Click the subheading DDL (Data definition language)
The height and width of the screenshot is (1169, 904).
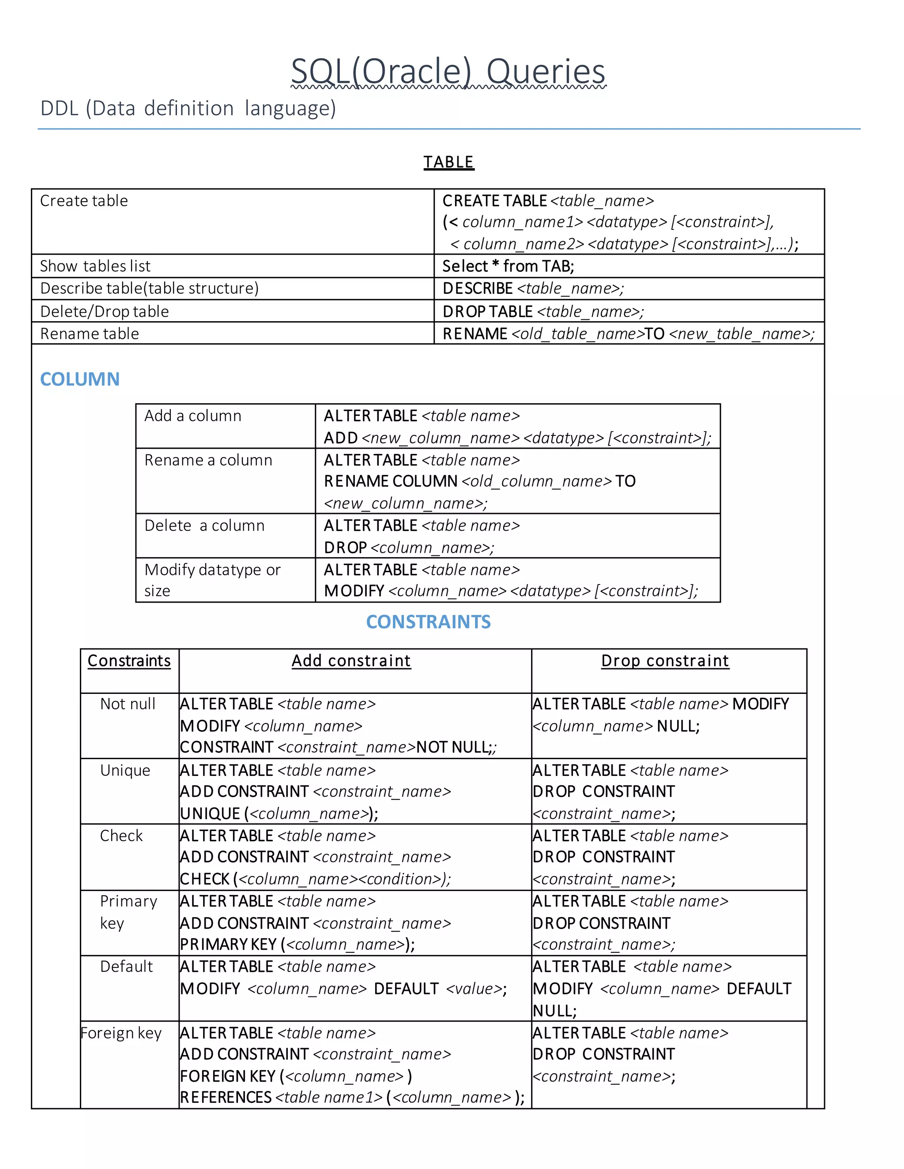tap(188, 109)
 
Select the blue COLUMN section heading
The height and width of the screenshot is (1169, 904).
tap(80, 379)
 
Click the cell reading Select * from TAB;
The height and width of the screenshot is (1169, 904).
tap(508, 266)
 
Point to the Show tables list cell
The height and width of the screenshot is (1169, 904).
tap(95, 266)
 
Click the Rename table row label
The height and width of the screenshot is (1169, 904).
tap(90, 333)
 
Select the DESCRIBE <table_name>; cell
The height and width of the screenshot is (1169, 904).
tap(533, 289)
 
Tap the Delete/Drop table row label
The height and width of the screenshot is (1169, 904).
tap(105, 311)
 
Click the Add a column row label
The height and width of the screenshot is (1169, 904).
tap(193, 416)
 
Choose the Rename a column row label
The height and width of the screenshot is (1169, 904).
tap(208, 460)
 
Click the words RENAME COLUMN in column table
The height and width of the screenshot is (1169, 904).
tap(390, 481)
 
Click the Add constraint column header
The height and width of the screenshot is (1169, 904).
tap(351, 660)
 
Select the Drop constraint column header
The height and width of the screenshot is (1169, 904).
tap(665, 660)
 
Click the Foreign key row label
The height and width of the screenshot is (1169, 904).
tap(121, 1033)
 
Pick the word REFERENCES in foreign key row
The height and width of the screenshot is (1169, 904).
tap(226, 1097)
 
